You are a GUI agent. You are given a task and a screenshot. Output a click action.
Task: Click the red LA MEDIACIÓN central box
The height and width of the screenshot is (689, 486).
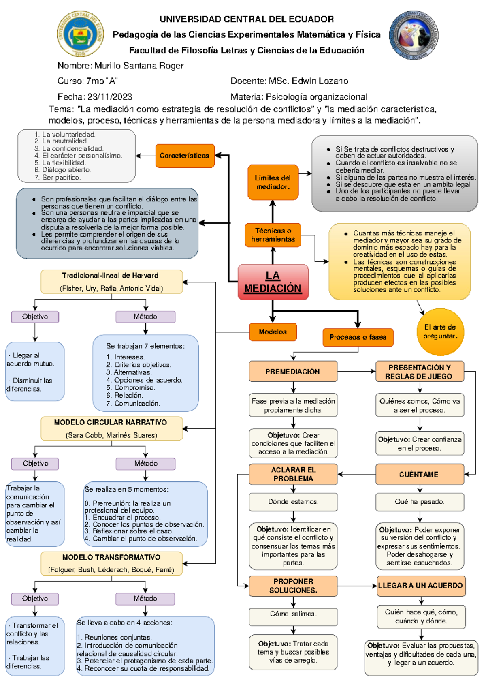[x=273, y=282]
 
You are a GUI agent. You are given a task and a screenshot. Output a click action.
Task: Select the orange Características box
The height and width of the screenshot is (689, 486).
[x=185, y=156]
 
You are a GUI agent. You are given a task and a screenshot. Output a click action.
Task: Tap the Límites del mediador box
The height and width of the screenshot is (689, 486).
[x=273, y=182]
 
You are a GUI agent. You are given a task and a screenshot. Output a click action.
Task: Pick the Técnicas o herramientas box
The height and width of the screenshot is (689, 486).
[x=273, y=235]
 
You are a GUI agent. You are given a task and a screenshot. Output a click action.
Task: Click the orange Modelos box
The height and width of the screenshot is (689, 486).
[x=273, y=332]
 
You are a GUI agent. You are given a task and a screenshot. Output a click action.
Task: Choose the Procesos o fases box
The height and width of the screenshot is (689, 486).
[x=358, y=337]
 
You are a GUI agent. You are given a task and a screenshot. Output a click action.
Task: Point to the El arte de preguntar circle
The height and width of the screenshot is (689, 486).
[x=440, y=332]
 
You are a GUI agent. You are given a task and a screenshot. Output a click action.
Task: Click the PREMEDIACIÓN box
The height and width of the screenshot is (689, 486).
[x=293, y=371]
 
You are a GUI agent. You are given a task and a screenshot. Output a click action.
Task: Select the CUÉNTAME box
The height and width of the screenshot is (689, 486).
[x=420, y=474]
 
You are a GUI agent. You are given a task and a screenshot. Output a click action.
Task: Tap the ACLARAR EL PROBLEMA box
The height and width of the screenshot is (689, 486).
[x=293, y=474]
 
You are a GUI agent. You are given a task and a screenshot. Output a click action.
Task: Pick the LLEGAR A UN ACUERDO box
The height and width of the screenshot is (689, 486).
[x=421, y=585]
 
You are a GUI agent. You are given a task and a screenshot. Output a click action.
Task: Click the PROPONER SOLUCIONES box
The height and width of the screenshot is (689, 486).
[x=293, y=585]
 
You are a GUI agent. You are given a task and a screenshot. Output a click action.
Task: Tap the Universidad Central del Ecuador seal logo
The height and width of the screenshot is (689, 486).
[x=80, y=34]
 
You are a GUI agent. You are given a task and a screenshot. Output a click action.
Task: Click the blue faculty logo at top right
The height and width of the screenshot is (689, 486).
[x=414, y=35]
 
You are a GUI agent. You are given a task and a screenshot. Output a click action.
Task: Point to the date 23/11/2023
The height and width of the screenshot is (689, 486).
[x=110, y=97]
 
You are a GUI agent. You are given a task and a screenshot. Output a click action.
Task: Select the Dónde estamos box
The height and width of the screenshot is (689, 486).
[x=293, y=502]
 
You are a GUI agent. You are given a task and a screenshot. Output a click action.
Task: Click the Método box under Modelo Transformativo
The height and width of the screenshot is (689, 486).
[x=145, y=599]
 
